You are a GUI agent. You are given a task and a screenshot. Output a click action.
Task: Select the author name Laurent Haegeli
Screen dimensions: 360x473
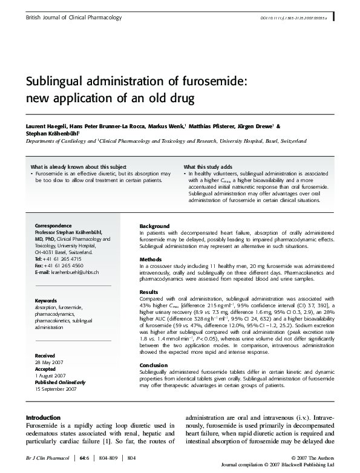tap(45, 127)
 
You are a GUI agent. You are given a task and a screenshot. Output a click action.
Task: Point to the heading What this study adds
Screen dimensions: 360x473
tap(208, 166)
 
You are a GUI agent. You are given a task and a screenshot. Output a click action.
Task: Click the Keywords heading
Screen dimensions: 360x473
tap(46, 300)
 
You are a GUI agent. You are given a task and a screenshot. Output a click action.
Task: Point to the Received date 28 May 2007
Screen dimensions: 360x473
tap(49, 362)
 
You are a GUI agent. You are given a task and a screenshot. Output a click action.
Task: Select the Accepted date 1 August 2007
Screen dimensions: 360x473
tap(53, 376)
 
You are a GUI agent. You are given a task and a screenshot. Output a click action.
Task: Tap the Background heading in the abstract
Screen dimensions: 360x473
tap(155, 226)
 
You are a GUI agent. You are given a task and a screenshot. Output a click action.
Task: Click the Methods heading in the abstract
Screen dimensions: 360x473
tap(151, 258)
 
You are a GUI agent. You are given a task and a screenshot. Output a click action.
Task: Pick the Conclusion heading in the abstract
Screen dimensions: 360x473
tap(154, 365)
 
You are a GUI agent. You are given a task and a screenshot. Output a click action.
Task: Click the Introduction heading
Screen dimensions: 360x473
tap(43, 417)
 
